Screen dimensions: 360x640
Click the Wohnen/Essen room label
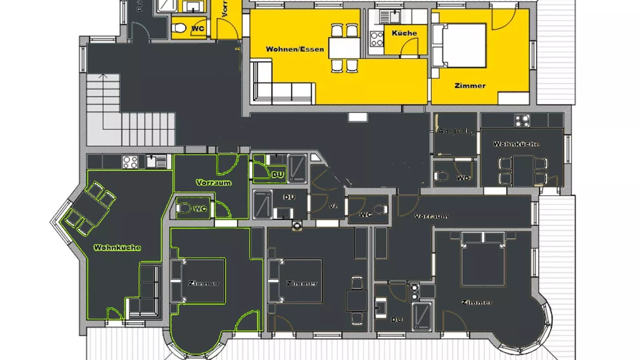coord(295,49)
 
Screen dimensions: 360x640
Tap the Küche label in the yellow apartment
coord(404,33)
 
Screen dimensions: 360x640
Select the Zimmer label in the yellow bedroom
coord(470,86)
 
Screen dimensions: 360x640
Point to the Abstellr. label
coord(455,131)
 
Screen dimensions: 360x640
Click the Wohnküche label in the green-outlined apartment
coord(117,248)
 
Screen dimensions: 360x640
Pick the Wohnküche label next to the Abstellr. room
coord(516,144)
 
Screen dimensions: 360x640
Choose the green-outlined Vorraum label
coord(213,182)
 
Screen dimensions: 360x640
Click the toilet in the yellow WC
coord(179,28)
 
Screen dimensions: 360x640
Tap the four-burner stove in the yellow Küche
coord(376,39)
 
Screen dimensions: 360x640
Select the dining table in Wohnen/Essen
coord(344,48)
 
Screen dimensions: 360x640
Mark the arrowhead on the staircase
coord(103,75)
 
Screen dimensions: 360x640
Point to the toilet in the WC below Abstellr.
coord(442,176)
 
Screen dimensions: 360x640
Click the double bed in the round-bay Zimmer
coord(482,262)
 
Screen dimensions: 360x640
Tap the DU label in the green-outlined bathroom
coord(278,175)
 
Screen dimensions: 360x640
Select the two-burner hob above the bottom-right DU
coord(415,292)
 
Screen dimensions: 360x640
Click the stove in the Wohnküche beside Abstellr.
coord(522,121)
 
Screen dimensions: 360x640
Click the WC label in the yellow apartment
coord(198,28)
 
